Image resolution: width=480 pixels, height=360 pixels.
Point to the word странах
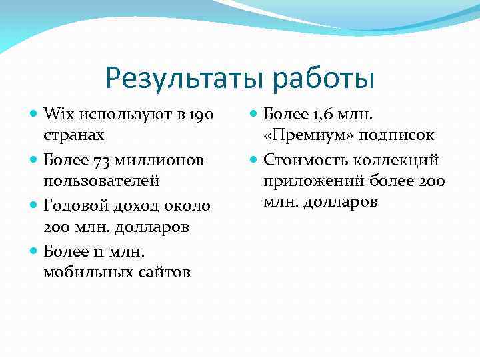[x=73, y=135]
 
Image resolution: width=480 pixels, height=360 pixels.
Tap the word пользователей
[x=101, y=181]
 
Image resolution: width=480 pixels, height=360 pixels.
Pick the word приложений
[x=305, y=181]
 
